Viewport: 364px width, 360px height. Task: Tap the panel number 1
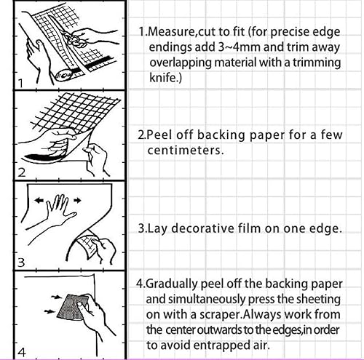tap(20, 84)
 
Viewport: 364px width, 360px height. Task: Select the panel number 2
tap(22, 172)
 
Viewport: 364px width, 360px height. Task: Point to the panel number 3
tap(21, 263)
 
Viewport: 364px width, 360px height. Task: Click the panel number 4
tap(22, 353)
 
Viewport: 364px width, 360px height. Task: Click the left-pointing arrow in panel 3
tap(39, 200)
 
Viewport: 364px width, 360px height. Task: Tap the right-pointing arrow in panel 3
tap(77, 200)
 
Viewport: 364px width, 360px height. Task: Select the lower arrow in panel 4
tap(50, 311)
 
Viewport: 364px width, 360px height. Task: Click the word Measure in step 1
tap(171, 31)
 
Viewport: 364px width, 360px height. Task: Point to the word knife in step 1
tap(164, 78)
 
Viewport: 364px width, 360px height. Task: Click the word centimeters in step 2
tap(183, 151)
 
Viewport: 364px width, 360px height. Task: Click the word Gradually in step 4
tap(172, 284)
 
